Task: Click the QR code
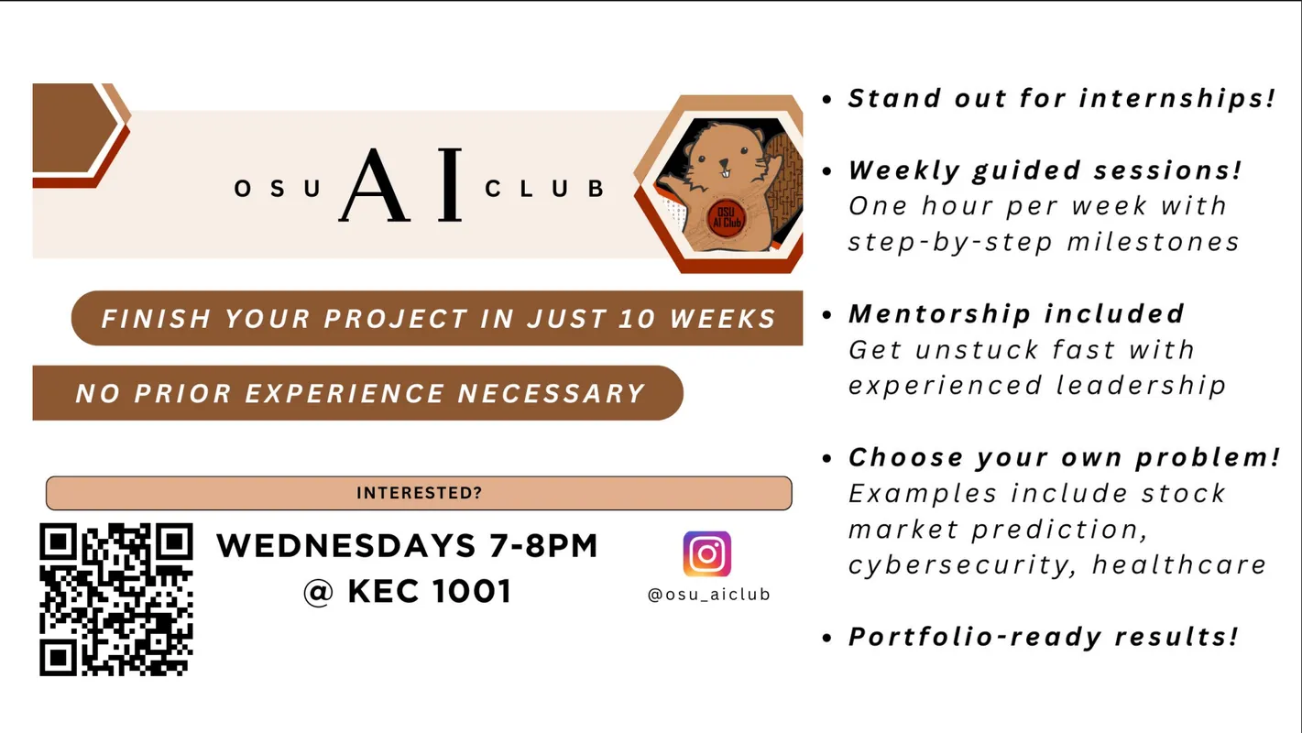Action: [x=116, y=599]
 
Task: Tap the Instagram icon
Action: [x=706, y=554]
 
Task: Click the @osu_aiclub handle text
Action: [x=708, y=595]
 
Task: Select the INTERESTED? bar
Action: [x=419, y=493]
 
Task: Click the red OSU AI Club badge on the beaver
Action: [x=728, y=217]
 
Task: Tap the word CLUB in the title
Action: [x=544, y=190]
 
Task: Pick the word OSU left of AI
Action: [x=278, y=190]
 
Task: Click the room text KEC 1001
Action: [x=429, y=592]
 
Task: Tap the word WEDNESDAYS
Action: [x=343, y=546]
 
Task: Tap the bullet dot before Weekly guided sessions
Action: [x=828, y=171]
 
